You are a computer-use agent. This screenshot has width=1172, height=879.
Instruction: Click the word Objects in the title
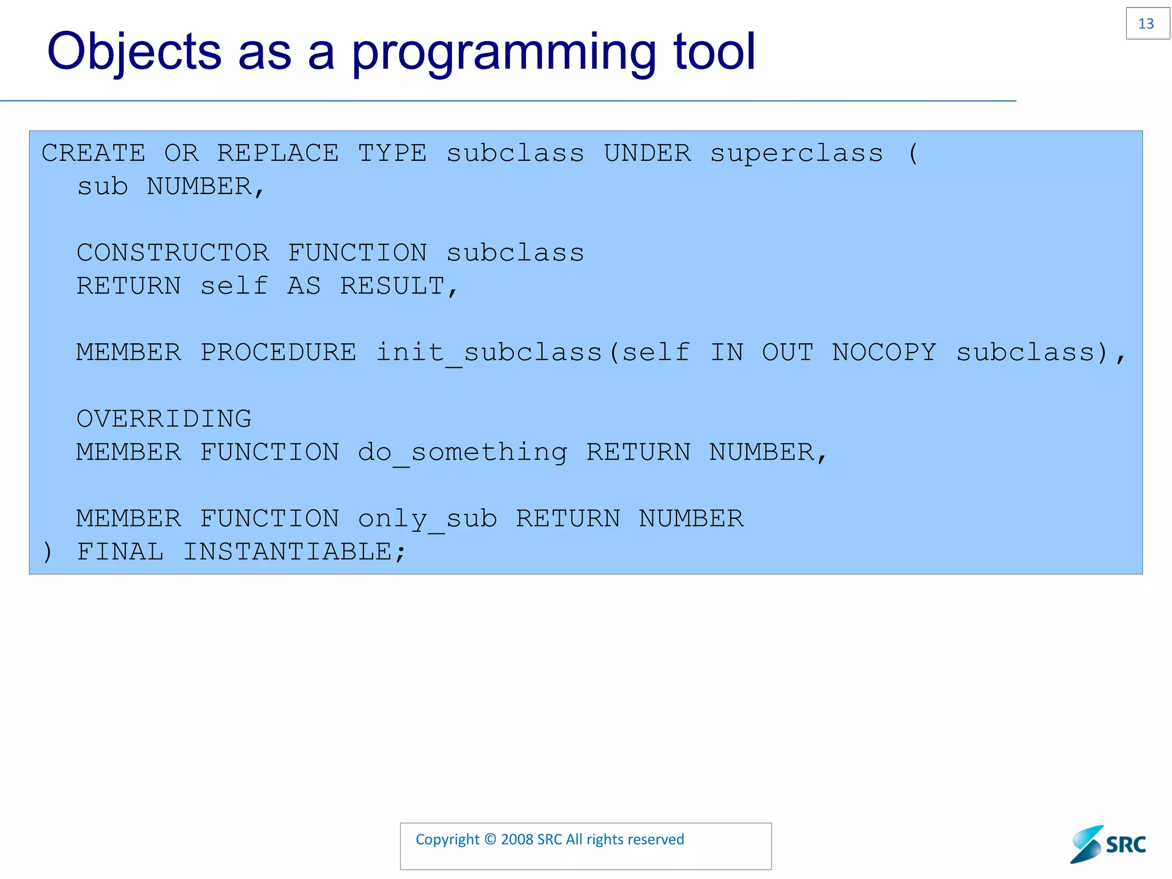pos(134,53)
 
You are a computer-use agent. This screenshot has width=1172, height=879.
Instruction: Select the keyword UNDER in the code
pos(647,153)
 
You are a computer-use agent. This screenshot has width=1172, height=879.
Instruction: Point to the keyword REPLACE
pos(278,153)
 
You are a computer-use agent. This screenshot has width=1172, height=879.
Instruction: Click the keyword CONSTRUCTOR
pos(172,253)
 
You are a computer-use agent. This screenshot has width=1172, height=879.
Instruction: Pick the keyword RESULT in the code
pos(393,286)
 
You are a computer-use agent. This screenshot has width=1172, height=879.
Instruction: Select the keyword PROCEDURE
pos(278,353)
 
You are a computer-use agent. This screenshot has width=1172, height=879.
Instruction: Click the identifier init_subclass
pos(489,353)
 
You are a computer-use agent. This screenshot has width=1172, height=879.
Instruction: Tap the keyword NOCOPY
pos(884,353)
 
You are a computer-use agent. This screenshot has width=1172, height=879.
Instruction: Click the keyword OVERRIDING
pos(164,419)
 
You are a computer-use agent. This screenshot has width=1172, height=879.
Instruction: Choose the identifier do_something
pos(462,453)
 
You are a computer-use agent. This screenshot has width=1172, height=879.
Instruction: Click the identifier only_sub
pos(427,519)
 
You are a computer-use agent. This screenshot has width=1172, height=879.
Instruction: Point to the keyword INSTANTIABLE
pos(287,552)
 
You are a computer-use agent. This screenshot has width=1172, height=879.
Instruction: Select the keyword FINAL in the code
pos(120,552)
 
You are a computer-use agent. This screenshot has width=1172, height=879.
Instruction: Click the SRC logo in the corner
pos(1108,844)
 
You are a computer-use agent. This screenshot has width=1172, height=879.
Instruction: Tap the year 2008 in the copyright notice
pos(517,840)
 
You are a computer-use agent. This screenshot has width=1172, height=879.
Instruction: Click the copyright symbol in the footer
pos(490,840)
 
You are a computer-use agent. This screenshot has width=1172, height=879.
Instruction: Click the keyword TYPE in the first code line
pos(392,153)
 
